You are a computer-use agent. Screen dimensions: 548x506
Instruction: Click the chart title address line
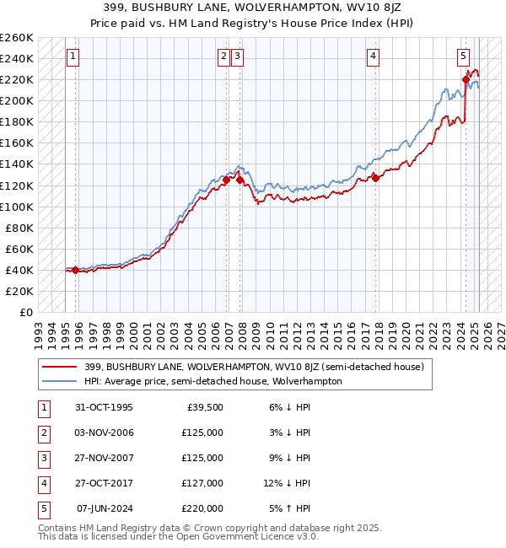252,8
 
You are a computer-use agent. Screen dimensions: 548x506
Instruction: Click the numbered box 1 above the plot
73,56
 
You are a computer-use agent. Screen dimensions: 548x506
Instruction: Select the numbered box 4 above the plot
373,56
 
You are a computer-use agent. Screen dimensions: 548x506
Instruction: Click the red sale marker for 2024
466,80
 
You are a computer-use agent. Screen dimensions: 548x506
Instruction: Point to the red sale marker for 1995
76,270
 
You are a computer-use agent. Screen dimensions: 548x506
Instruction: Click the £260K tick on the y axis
17,38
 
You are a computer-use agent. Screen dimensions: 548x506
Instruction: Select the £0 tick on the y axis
27,312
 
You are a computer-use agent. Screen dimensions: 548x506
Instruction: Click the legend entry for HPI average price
212,381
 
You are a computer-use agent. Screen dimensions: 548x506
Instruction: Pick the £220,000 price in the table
202,508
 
